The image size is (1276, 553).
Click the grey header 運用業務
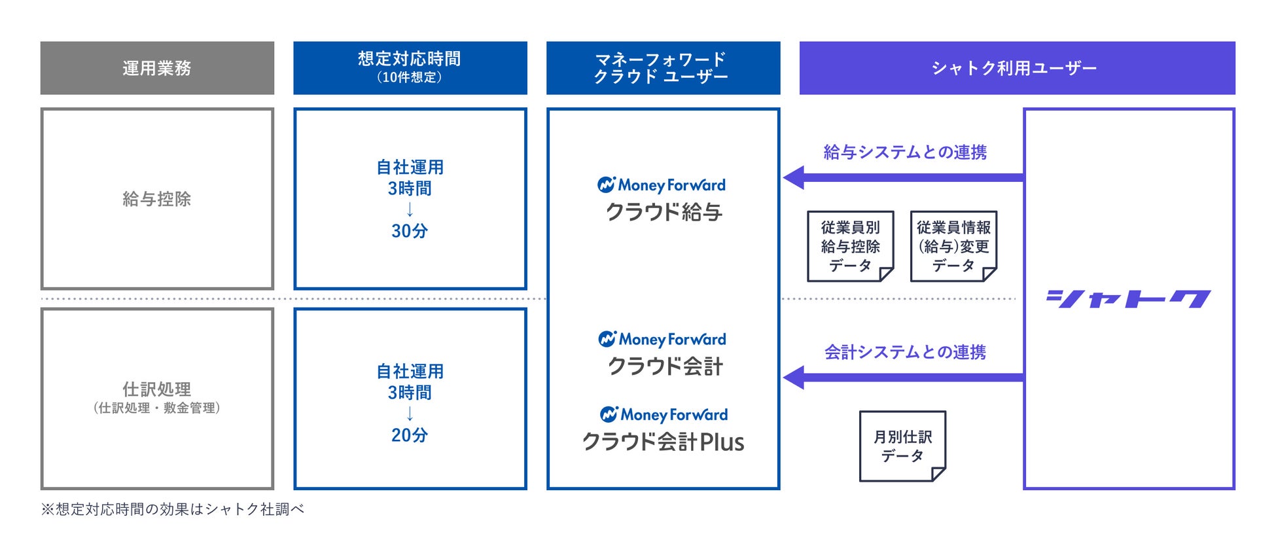tap(157, 68)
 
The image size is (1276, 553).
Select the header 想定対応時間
tap(410, 59)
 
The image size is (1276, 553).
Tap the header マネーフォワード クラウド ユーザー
tap(662, 68)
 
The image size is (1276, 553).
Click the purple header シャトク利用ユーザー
tap(1016, 68)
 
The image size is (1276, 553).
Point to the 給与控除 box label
tap(157, 199)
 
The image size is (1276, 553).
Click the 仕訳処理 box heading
tap(157, 389)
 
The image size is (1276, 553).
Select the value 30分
tap(410, 231)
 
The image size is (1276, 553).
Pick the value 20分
tap(410, 435)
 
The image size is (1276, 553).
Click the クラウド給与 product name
tap(664, 212)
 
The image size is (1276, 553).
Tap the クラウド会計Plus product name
tap(664, 442)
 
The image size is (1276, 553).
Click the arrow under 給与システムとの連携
tap(903, 177)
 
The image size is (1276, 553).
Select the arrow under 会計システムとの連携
tap(903, 378)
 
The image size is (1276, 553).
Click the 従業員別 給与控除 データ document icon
tap(850, 247)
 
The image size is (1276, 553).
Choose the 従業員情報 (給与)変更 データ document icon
tap(953, 247)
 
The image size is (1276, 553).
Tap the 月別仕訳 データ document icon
tap(902, 446)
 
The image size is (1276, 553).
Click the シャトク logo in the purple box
tap(1128, 299)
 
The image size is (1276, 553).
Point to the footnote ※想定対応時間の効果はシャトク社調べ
tap(173, 509)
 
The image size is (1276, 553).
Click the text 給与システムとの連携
tap(905, 152)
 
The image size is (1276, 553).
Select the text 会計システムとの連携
tap(905, 352)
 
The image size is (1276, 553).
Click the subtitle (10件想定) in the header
tap(410, 77)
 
